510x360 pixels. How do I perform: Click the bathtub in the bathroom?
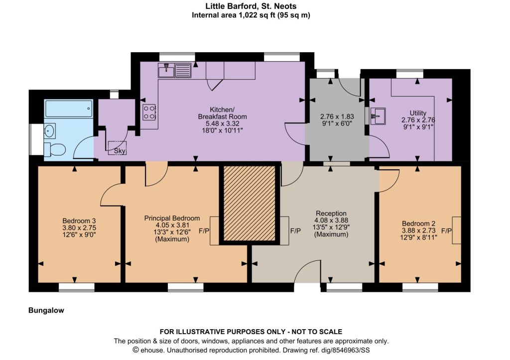pyautogui.click(x=69, y=109)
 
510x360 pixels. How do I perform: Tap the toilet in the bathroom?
pyautogui.click(x=55, y=149)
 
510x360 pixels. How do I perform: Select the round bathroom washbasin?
pyautogui.click(x=50, y=131)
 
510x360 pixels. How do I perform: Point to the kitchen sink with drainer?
pyautogui.click(x=175, y=70)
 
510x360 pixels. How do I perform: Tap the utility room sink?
pyautogui.click(x=378, y=116)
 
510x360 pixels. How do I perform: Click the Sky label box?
pyautogui.click(x=117, y=148)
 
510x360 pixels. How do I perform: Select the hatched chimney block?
pyautogui.click(x=250, y=204)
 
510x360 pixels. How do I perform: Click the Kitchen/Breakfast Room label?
pyautogui.click(x=222, y=113)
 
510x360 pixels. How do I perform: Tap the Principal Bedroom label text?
pyautogui.click(x=172, y=218)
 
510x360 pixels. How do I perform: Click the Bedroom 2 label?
pyautogui.click(x=418, y=224)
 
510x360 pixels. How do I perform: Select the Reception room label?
pyautogui.click(x=331, y=213)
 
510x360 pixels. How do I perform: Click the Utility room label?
pyautogui.click(x=418, y=113)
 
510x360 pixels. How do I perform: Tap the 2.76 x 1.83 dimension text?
pyautogui.click(x=337, y=117)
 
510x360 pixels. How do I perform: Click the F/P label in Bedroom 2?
pyautogui.click(x=447, y=231)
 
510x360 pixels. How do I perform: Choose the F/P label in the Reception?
pyautogui.click(x=295, y=231)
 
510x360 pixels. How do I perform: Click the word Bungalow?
pyautogui.click(x=46, y=310)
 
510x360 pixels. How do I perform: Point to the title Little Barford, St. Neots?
pyautogui.click(x=251, y=6)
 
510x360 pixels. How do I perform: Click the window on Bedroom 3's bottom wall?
pyautogui.click(x=76, y=287)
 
